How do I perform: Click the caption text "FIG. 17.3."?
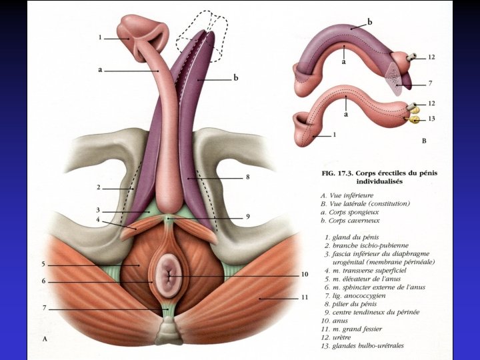[334, 173]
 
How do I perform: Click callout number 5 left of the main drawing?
[43, 264]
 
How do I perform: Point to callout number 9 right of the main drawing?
[247, 217]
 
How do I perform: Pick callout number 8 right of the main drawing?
[247, 178]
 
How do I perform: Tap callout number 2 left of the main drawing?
[97, 189]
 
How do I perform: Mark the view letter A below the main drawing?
[44, 339]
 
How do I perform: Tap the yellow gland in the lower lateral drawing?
[413, 121]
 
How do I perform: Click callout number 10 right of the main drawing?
[304, 274]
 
